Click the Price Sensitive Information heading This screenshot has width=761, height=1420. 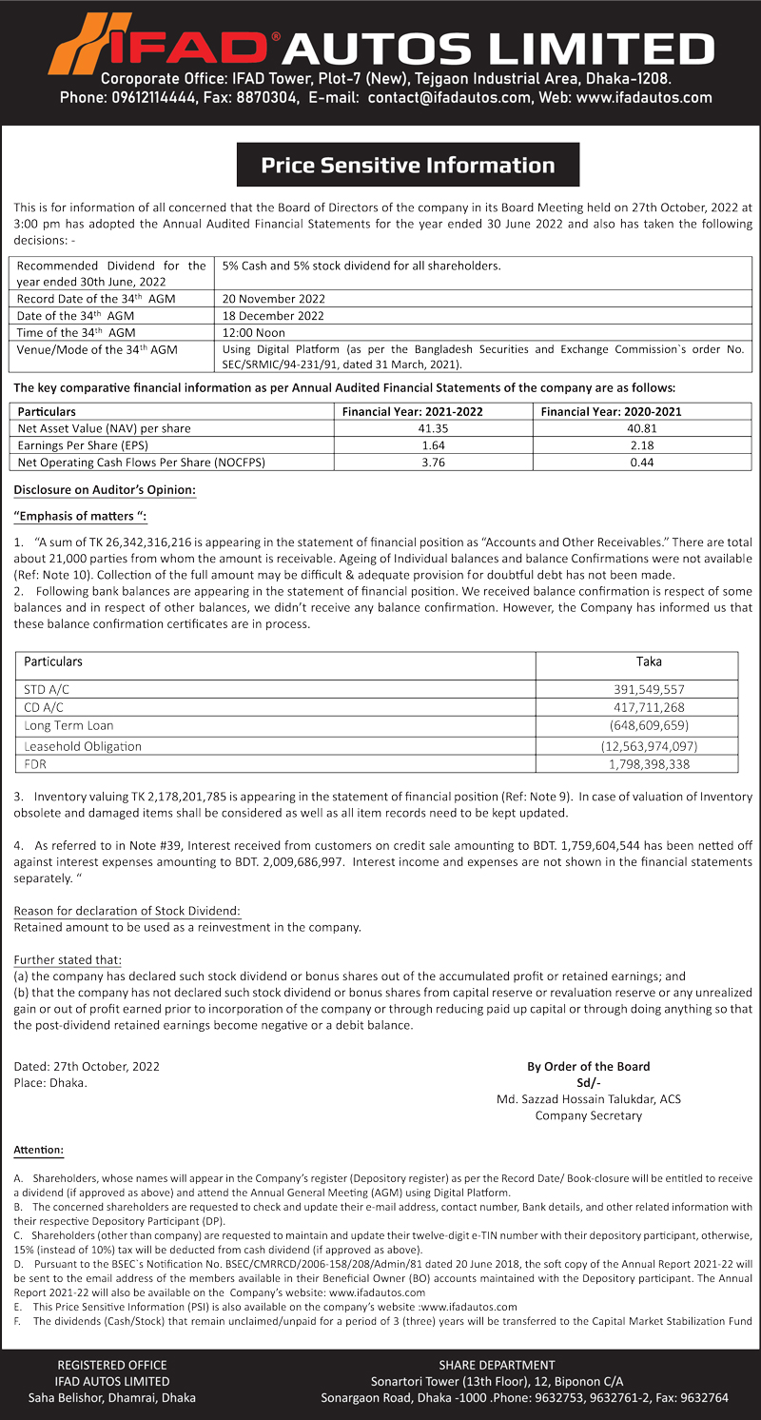(x=407, y=165)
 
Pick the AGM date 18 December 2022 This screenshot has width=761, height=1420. (x=273, y=315)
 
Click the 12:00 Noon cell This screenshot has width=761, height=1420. (x=254, y=332)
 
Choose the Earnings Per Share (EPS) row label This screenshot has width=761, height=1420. (x=83, y=445)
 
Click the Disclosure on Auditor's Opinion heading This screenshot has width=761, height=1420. (x=105, y=490)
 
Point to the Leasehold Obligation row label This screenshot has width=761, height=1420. (x=83, y=746)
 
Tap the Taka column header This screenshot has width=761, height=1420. (x=650, y=661)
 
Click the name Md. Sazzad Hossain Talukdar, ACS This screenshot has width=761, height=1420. (x=588, y=1098)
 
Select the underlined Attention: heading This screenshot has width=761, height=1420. (x=38, y=1151)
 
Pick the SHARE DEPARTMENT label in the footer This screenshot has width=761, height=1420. (x=497, y=1365)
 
